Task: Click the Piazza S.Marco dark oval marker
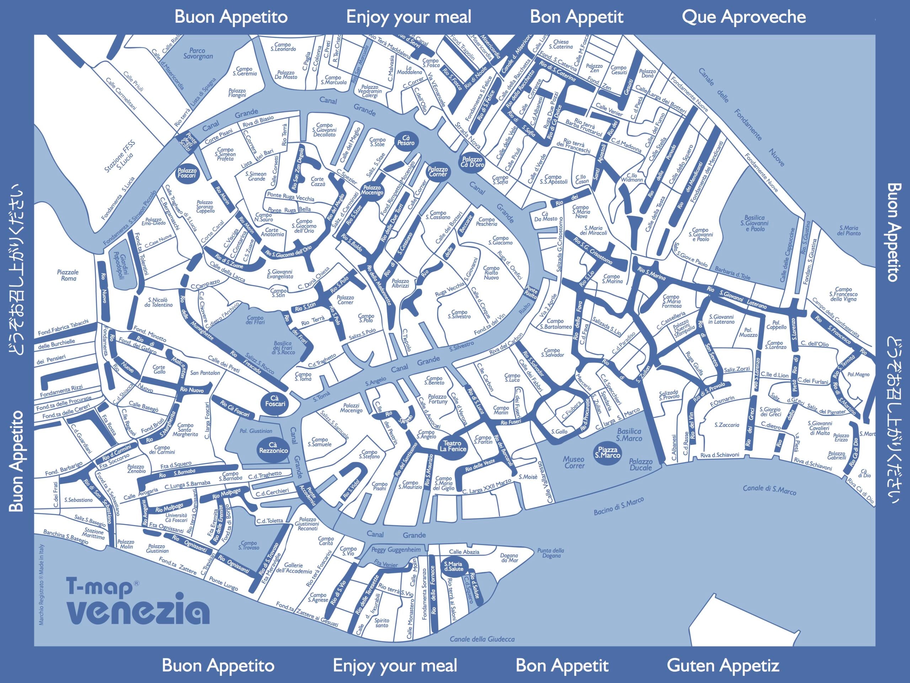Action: click(x=607, y=452)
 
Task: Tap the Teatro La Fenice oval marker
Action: click(x=453, y=446)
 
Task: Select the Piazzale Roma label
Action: click(x=68, y=275)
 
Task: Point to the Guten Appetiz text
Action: click(x=723, y=665)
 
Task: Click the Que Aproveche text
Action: click(x=743, y=17)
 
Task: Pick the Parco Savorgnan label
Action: click(x=198, y=53)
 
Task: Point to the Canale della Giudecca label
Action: click(x=482, y=639)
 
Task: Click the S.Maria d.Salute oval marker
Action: click(x=453, y=566)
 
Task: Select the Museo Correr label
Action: click(x=574, y=462)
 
